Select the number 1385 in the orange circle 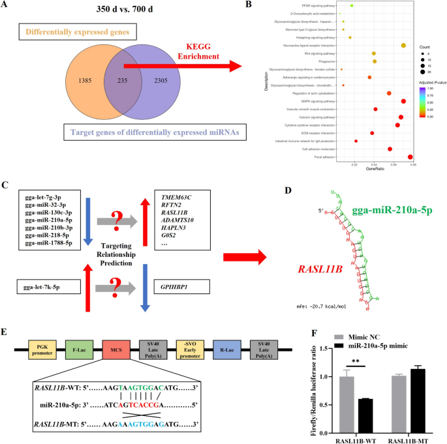(67, 80)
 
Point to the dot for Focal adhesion (410, 156)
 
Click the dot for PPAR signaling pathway (352, 6)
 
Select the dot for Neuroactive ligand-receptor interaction (403, 45)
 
